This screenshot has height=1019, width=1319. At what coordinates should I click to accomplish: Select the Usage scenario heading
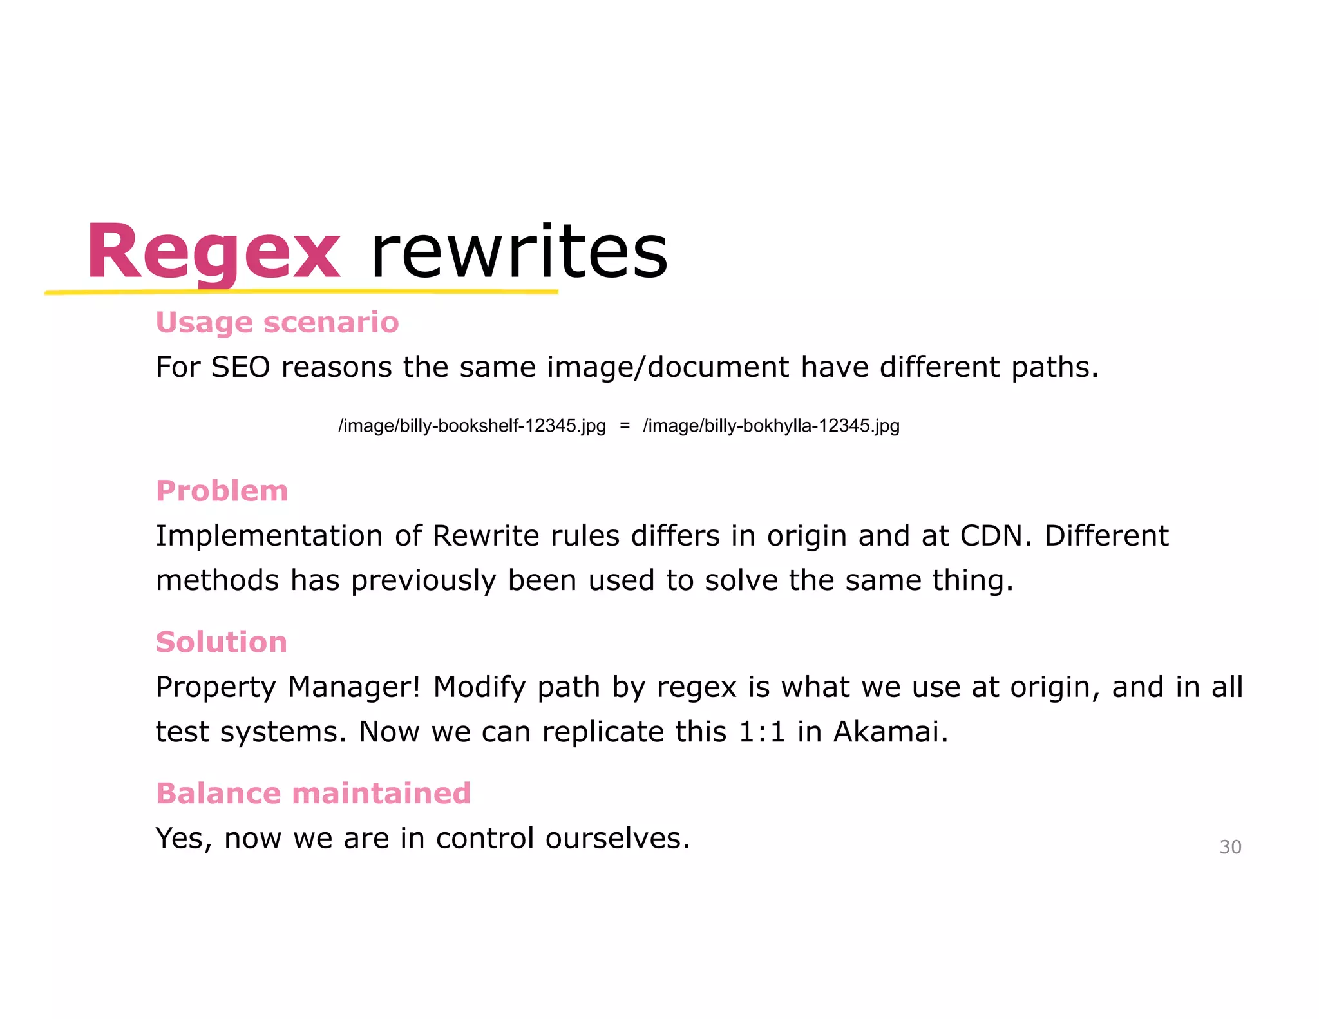(277, 322)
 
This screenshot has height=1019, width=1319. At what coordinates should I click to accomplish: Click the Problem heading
(222, 491)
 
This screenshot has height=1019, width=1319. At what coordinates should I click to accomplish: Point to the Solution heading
(221, 642)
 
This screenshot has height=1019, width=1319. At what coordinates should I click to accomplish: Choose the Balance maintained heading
(313, 794)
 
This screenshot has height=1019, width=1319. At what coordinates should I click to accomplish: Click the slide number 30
(1230, 847)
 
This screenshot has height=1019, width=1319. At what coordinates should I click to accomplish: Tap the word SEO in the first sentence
(240, 367)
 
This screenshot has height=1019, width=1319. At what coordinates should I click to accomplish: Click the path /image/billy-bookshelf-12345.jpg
(472, 426)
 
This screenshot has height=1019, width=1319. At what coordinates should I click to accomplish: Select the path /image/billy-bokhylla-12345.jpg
(771, 426)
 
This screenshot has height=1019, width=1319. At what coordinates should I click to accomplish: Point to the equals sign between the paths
(624, 426)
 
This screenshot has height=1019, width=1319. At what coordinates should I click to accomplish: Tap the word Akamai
(890, 732)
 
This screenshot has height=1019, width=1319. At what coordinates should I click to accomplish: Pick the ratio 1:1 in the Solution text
(762, 732)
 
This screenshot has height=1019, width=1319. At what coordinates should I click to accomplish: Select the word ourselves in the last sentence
(617, 839)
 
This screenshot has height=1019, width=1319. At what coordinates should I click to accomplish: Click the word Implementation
(269, 536)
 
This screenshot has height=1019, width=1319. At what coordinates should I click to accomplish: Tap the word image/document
(667, 367)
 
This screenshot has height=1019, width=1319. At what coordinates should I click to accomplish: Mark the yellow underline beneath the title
(301, 292)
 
